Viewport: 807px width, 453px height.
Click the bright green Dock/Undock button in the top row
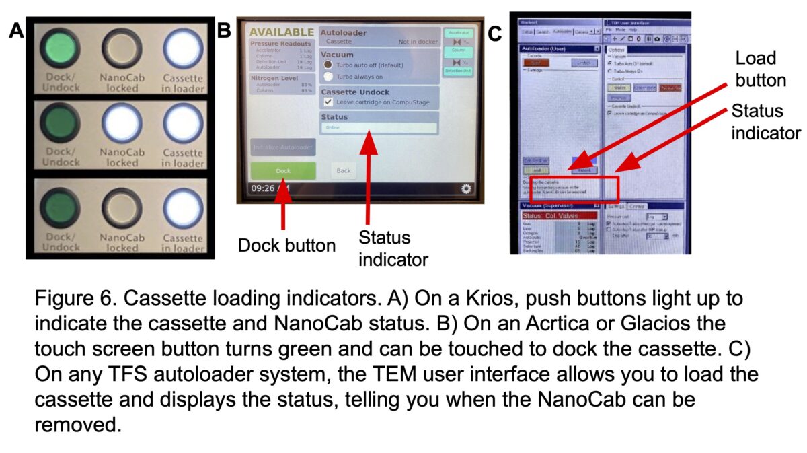pos(60,50)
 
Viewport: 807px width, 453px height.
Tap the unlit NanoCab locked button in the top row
pos(122,50)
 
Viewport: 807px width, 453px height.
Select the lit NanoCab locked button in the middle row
pos(122,125)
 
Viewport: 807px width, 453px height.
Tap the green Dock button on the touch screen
pos(283,170)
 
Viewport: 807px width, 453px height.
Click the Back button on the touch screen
pos(344,170)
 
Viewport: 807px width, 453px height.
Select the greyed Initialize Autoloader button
pos(283,147)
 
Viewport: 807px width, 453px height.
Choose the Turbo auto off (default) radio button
pos(328,64)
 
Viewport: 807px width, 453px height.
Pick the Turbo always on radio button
pos(328,76)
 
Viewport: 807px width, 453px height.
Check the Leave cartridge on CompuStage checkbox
pos(328,101)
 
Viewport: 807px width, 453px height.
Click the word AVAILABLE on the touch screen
pos(282,32)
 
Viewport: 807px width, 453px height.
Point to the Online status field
pos(379,127)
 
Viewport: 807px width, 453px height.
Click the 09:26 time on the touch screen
pos(262,189)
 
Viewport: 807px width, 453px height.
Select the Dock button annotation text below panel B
pos(286,246)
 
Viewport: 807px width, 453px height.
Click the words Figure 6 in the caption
pos(72,298)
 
